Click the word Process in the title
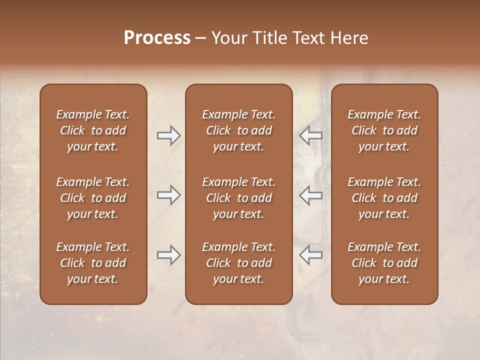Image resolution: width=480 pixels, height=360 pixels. pos(157,38)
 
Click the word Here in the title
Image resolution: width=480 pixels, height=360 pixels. pos(349,38)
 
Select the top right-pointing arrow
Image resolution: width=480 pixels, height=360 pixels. pos(168,135)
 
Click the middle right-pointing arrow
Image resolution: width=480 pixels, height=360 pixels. pos(168,195)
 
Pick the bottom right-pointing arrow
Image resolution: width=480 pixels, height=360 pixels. pos(168,255)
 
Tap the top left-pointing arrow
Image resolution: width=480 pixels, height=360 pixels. pos(310,135)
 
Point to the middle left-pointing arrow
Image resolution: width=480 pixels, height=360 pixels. pos(310,195)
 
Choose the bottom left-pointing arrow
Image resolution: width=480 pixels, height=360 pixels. pos(310,255)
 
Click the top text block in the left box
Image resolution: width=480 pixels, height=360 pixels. pos(93,130)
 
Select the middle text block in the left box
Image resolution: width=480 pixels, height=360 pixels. pos(93,198)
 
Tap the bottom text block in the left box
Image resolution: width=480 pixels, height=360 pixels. pos(93,263)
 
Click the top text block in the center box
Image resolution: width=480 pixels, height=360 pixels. pos(238,130)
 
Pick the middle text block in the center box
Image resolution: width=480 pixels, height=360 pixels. pos(238,198)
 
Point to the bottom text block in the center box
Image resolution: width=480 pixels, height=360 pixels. pos(238,263)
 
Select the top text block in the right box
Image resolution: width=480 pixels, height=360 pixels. pos(384,130)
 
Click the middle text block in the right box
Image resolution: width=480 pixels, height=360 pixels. pos(384,198)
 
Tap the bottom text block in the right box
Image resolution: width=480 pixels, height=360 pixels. pos(384,263)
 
